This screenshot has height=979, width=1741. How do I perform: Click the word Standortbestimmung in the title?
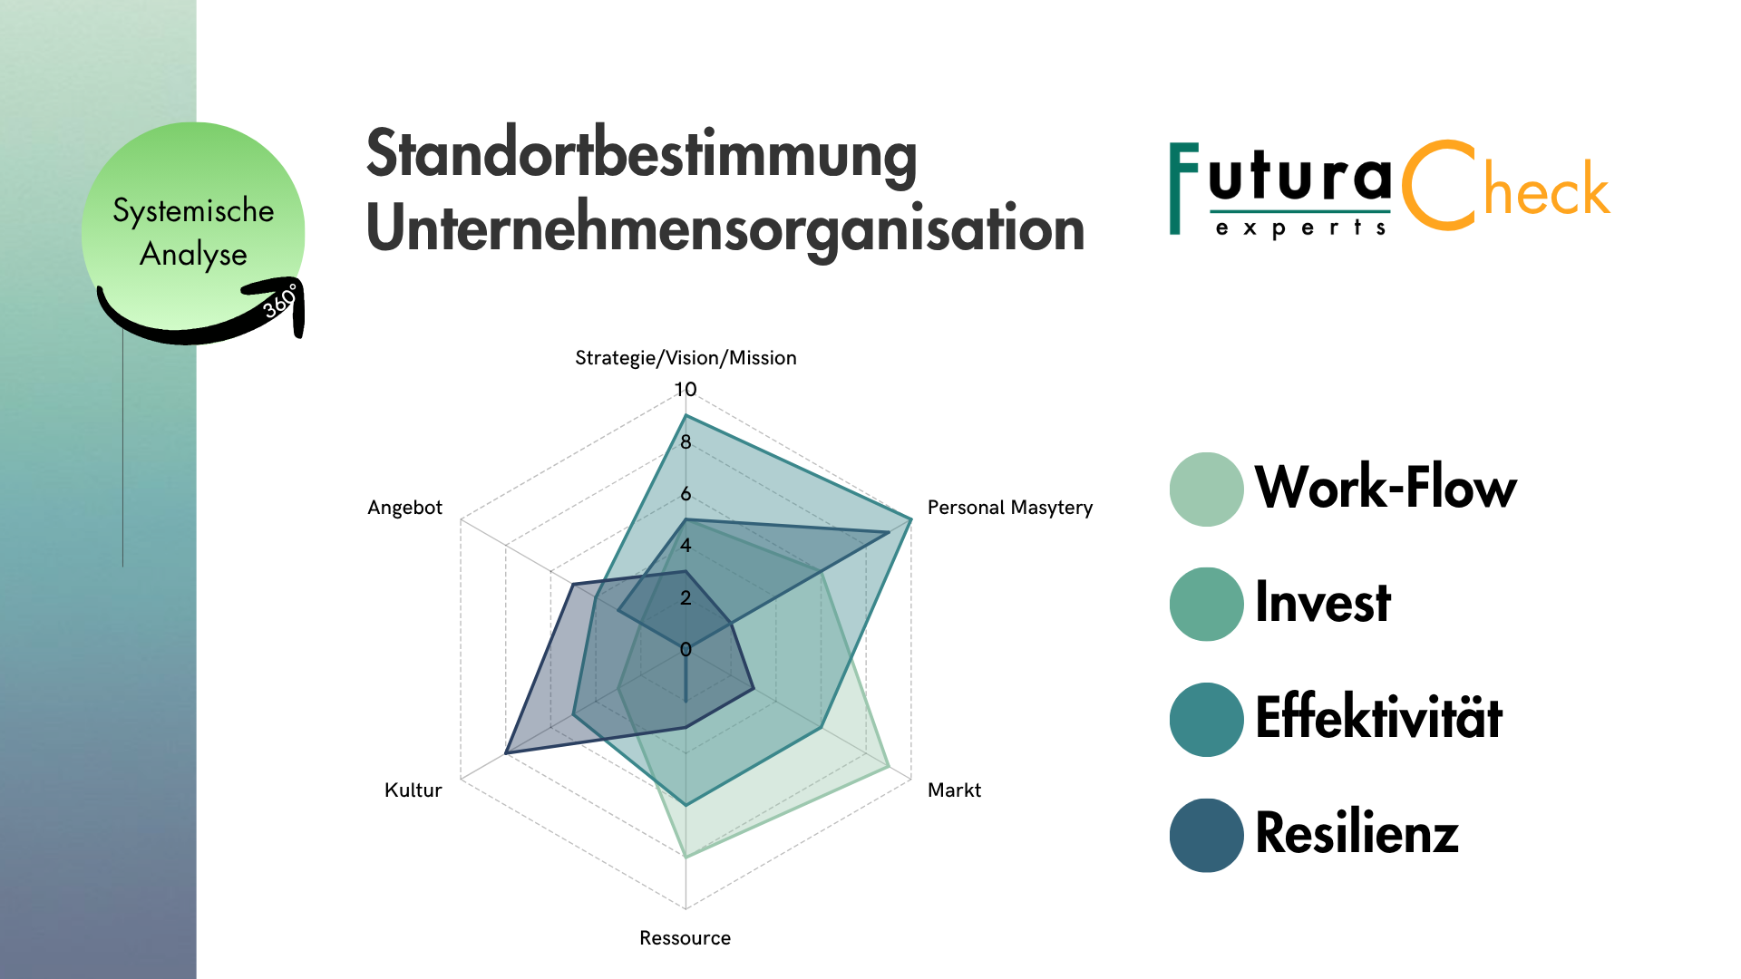click(x=641, y=154)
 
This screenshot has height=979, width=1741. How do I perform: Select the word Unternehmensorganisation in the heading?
click(x=725, y=228)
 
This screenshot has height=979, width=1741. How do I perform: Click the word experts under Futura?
click(x=1300, y=228)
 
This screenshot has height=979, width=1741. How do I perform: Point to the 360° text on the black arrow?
click(x=280, y=301)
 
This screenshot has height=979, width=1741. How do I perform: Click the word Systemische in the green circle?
click(x=193, y=210)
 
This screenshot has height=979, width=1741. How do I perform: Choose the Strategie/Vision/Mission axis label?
click(x=686, y=358)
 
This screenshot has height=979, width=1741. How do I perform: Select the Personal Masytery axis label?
click(x=1009, y=508)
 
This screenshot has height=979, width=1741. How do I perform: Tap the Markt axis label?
click(x=954, y=790)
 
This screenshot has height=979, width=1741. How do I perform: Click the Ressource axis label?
click(x=685, y=938)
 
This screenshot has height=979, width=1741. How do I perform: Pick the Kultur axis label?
click(x=413, y=790)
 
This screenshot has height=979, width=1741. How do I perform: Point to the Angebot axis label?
click(x=404, y=508)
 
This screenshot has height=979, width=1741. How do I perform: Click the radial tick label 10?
click(x=686, y=390)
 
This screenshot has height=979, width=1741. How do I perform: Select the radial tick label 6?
click(x=686, y=494)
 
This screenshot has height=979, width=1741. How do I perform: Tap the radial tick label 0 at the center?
click(x=686, y=649)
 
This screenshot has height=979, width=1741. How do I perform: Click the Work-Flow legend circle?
click(x=1206, y=489)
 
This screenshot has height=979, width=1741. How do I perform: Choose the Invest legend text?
click(x=1322, y=603)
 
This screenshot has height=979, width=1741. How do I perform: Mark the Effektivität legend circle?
click(x=1206, y=720)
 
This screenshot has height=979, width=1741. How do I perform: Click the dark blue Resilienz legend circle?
click(x=1206, y=835)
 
